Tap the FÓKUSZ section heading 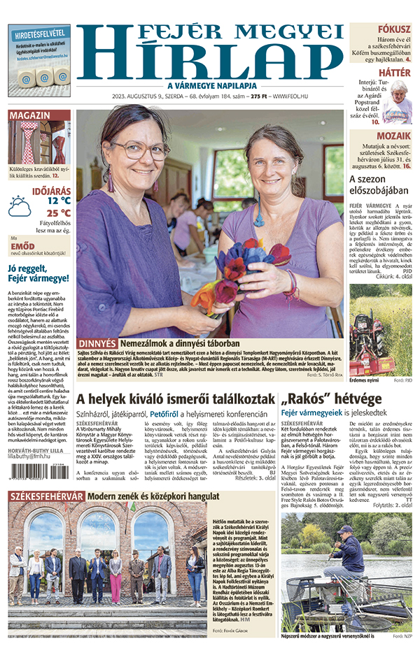(394, 30)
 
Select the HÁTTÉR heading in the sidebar (394, 72)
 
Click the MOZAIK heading (393, 136)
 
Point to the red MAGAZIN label (29, 115)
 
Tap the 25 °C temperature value (59, 213)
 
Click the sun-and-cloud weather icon (20, 207)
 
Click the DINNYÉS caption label (97, 344)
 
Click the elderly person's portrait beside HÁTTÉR (397, 101)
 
